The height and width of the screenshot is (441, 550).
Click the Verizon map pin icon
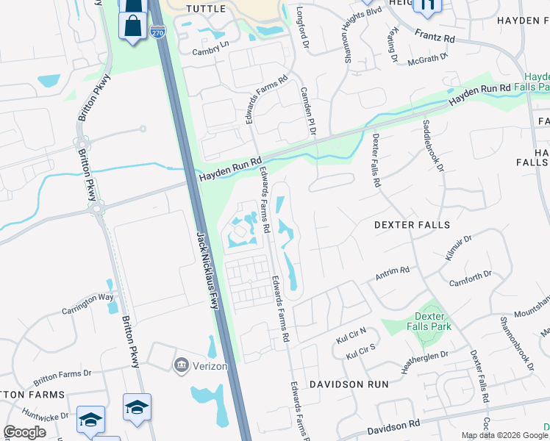[181, 364]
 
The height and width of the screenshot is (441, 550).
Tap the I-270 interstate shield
[157, 32]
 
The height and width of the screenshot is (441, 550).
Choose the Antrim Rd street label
[392, 274]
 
